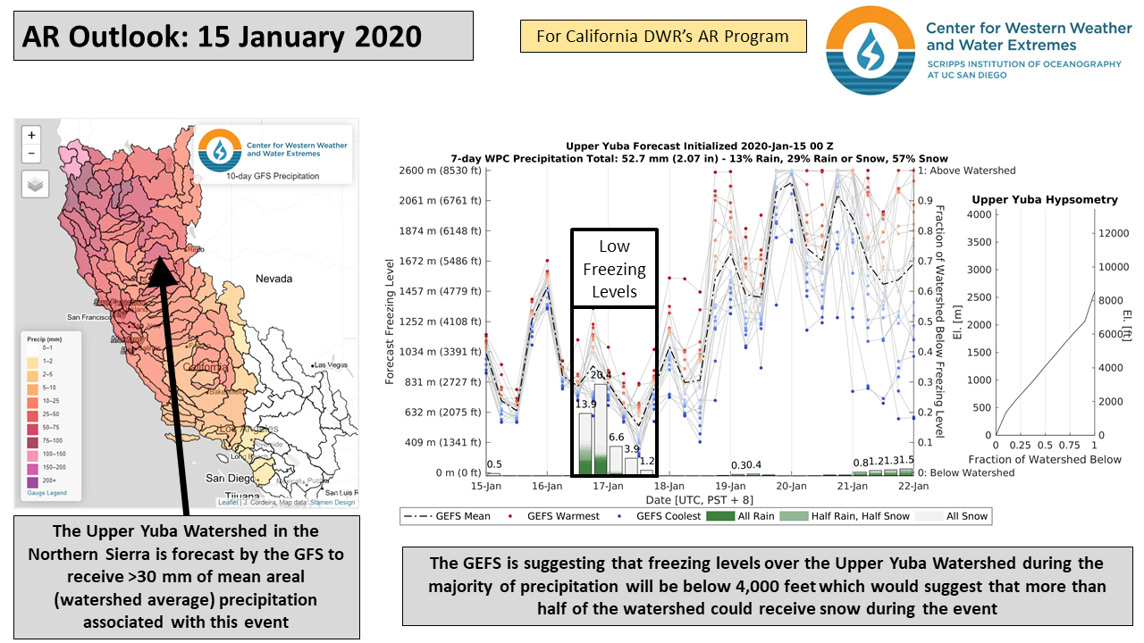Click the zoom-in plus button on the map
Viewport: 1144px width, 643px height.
pyautogui.click(x=32, y=136)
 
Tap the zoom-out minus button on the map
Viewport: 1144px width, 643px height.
pyautogui.click(x=32, y=154)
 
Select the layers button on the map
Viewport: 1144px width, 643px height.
pyautogui.click(x=34, y=184)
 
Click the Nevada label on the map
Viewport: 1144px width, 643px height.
pyautogui.click(x=273, y=279)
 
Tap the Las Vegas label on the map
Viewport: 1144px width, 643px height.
pyautogui.click(x=332, y=365)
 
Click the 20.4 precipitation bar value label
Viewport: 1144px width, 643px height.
pyautogui.click(x=601, y=375)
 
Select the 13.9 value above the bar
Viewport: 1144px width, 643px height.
pyautogui.click(x=585, y=404)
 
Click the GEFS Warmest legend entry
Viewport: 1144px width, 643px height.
pyautogui.click(x=546, y=516)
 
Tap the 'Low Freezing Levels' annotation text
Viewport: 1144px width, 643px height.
pyautogui.click(x=614, y=269)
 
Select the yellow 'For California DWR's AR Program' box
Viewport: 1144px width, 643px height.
pyautogui.click(x=662, y=37)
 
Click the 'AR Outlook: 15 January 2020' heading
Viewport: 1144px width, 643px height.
pyautogui.click(x=222, y=37)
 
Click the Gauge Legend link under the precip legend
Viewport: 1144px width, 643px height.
pyautogui.click(x=47, y=493)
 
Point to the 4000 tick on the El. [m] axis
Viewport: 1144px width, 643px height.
pyautogui.click(x=980, y=214)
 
